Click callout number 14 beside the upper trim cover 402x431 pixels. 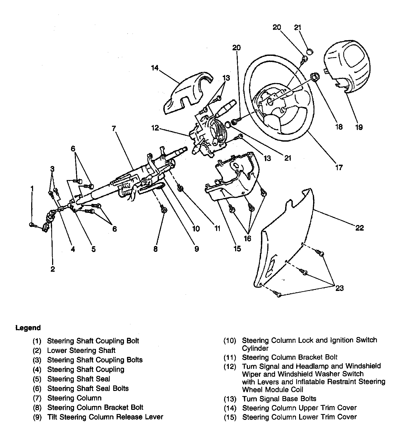[x=154, y=68]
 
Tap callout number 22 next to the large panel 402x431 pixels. [x=359, y=228]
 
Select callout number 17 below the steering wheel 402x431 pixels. [x=339, y=167]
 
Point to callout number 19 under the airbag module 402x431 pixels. [x=359, y=127]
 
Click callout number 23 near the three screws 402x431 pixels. [x=339, y=288]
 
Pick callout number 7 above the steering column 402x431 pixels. [x=114, y=129]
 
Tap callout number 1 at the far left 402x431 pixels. [x=32, y=188]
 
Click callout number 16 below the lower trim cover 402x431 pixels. [x=247, y=239]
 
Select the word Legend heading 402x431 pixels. [x=28, y=328]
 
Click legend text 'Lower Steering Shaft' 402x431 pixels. [x=81, y=351]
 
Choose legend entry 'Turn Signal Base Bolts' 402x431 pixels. [x=279, y=399]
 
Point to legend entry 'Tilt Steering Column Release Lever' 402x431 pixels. [x=105, y=417]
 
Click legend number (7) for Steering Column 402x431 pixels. [x=37, y=398]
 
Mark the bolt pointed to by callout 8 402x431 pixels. [x=163, y=210]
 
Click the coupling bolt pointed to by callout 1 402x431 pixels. [x=32, y=225]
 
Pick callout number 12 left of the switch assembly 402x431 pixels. [x=155, y=128]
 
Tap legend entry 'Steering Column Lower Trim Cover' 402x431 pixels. [x=299, y=417]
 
